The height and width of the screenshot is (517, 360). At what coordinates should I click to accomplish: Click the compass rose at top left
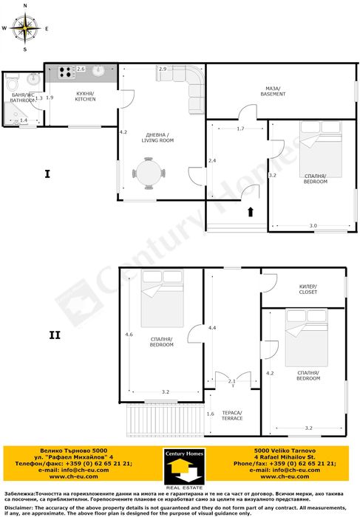[x=25, y=28]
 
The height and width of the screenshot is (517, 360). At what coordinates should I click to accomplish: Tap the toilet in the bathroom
[x=13, y=83]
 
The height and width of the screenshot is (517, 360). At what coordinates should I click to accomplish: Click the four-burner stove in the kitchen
[x=66, y=72]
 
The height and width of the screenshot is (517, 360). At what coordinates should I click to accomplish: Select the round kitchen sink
[x=98, y=71]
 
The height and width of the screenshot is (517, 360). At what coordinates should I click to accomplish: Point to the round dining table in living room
[x=149, y=173]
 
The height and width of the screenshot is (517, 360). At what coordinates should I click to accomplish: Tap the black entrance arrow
[x=251, y=212]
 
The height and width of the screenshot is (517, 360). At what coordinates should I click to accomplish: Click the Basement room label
[x=273, y=92]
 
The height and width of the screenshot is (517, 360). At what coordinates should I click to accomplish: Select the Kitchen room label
[x=85, y=96]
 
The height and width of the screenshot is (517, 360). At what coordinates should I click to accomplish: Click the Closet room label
[x=308, y=290]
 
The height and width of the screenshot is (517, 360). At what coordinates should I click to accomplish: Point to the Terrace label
[x=232, y=416]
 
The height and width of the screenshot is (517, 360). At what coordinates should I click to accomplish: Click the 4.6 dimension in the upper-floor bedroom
[x=129, y=335]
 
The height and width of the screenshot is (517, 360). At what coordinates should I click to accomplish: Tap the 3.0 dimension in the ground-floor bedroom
[x=313, y=226]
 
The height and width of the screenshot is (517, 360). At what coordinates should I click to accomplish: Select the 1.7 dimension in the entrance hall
[x=240, y=129]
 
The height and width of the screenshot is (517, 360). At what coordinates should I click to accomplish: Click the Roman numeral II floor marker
[x=55, y=335]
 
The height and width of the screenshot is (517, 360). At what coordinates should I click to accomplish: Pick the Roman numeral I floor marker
[x=47, y=174]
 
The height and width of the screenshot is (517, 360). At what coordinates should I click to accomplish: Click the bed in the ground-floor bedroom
[x=321, y=149]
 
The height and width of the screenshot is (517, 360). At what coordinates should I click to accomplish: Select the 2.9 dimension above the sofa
[x=163, y=69]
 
